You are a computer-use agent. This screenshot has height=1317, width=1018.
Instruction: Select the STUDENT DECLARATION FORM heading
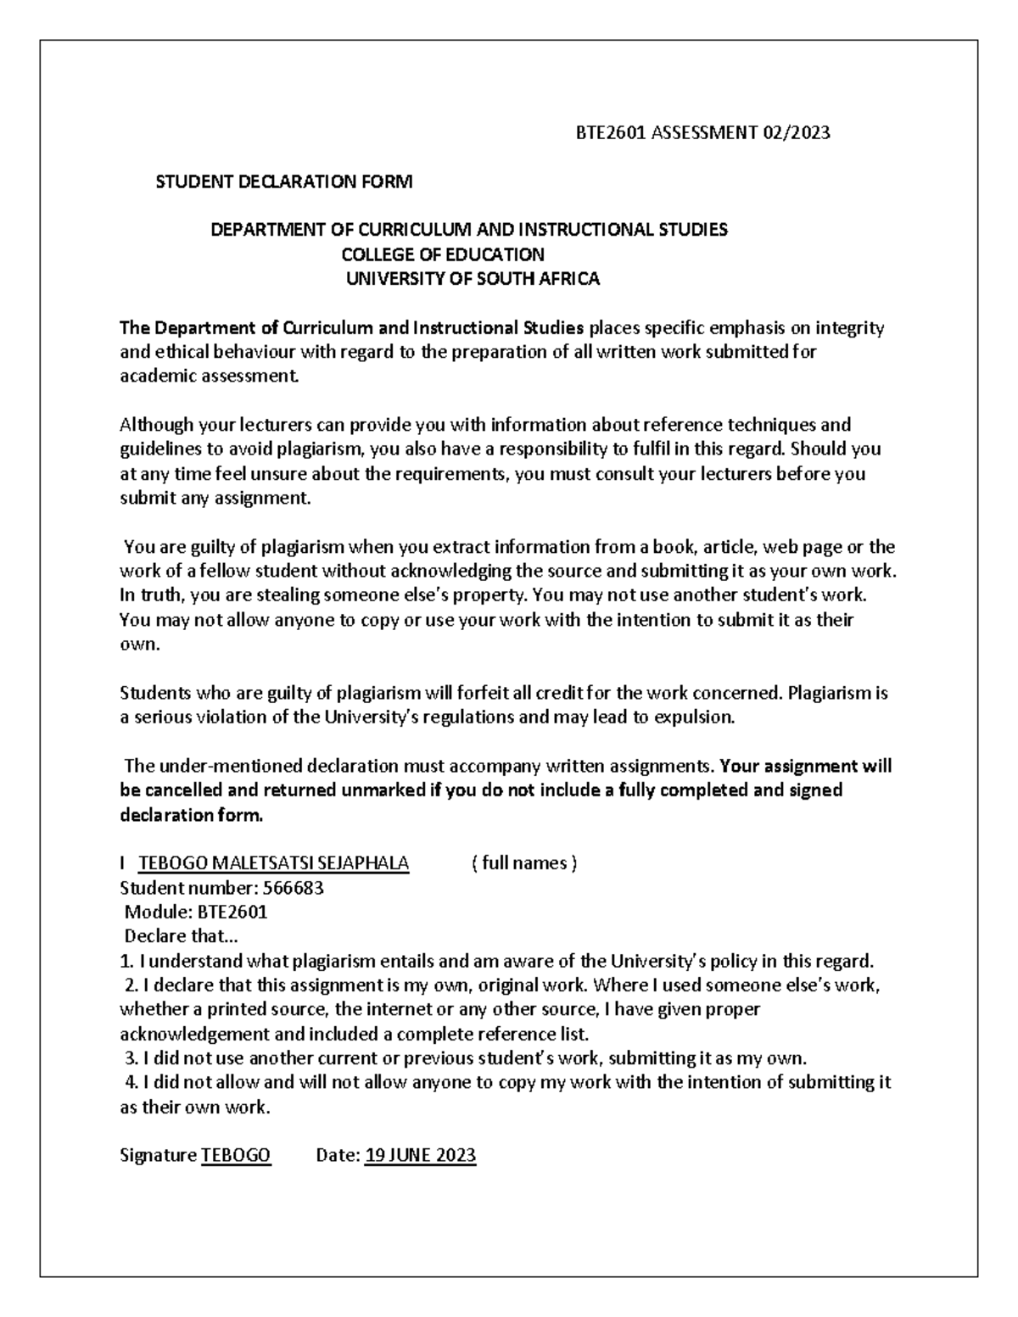[x=283, y=181]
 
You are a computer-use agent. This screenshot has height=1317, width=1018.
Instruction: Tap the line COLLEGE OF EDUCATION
[x=443, y=254]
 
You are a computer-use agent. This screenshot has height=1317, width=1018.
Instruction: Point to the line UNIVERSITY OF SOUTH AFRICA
[x=473, y=279]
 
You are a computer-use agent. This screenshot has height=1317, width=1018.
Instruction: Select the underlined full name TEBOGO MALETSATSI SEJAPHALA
[x=274, y=863]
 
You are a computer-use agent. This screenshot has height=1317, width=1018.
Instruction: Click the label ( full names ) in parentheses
[x=523, y=863]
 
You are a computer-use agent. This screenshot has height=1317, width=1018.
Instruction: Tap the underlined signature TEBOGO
[x=236, y=1155]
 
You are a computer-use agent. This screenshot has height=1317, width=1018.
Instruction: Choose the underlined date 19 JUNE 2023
[x=420, y=1155]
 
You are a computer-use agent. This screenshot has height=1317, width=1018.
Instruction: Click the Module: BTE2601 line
[x=196, y=912]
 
